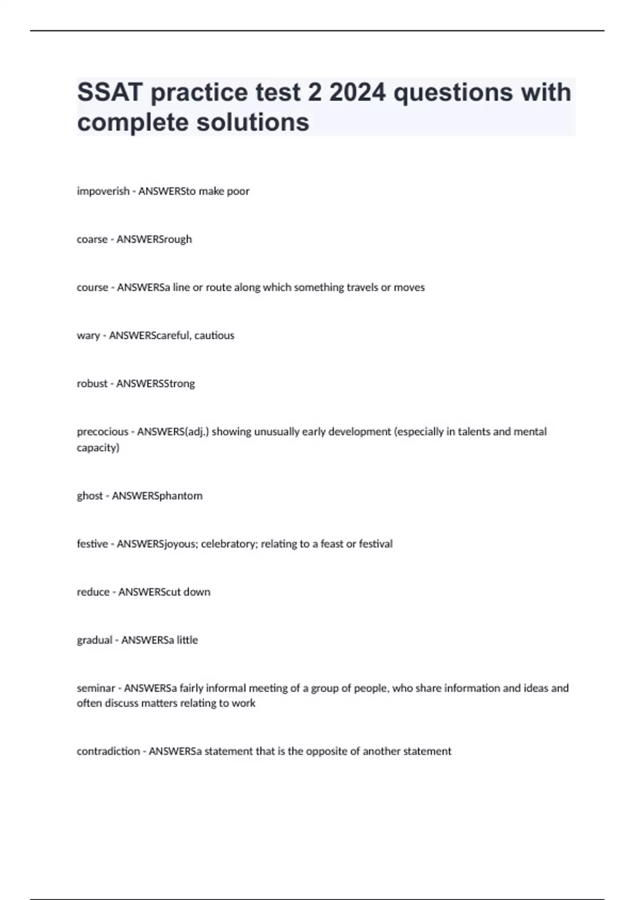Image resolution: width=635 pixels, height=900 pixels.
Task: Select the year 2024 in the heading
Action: coord(358,93)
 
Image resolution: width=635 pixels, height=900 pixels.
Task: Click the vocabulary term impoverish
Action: coord(103,191)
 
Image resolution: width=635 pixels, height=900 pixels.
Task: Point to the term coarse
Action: coord(92,239)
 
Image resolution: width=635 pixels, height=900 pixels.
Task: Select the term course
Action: coord(92,287)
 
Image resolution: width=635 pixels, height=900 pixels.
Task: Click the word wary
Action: coord(88,336)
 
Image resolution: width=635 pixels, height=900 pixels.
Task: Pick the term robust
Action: coord(92,383)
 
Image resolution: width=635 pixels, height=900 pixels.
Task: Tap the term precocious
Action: coord(103,431)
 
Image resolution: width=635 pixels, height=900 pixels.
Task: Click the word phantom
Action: coord(180,496)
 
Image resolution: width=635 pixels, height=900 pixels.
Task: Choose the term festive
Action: coord(92,544)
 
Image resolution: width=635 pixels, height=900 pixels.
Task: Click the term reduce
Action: coord(93,592)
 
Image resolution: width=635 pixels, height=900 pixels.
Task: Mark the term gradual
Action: coord(95,640)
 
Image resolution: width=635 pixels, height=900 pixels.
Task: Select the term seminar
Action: coord(96,688)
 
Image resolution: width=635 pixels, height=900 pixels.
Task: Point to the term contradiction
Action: coord(108,751)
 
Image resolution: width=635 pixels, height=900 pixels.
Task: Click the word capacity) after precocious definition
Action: coord(98,448)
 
